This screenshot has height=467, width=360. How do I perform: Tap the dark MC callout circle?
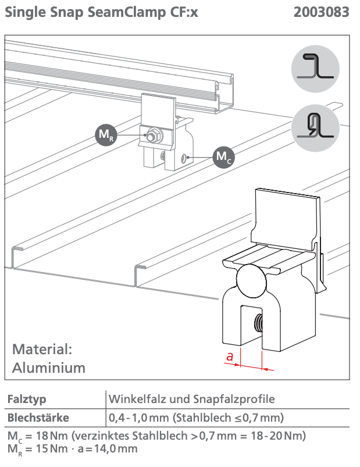pos(222,156)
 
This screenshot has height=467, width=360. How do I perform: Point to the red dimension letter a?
pos(230,357)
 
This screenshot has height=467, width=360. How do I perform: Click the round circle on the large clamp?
pos(254,281)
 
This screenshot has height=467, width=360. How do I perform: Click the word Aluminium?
pos(49,368)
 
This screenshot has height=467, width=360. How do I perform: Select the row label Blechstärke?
pos(38,418)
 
